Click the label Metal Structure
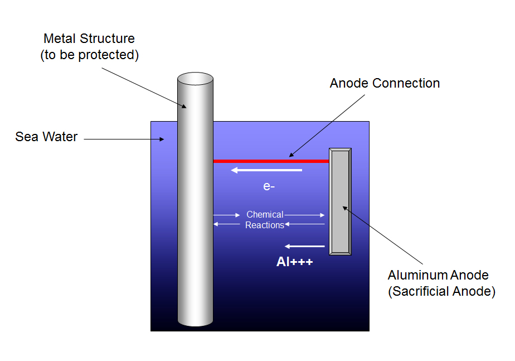click(x=89, y=38)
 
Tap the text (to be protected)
click(x=89, y=55)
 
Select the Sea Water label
click(x=46, y=137)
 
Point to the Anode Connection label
click(x=385, y=83)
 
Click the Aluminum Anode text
click(x=438, y=275)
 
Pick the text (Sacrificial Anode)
click(x=442, y=291)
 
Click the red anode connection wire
click(x=271, y=161)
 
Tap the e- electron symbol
click(x=269, y=186)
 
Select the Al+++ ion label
click(x=295, y=262)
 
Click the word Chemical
click(x=265, y=214)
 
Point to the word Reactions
click(x=264, y=225)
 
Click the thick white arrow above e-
click(x=266, y=170)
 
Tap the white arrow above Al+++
click(x=304, y=246)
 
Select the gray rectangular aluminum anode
click(x=340, y=201)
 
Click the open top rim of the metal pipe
click(x=196, y=79)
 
